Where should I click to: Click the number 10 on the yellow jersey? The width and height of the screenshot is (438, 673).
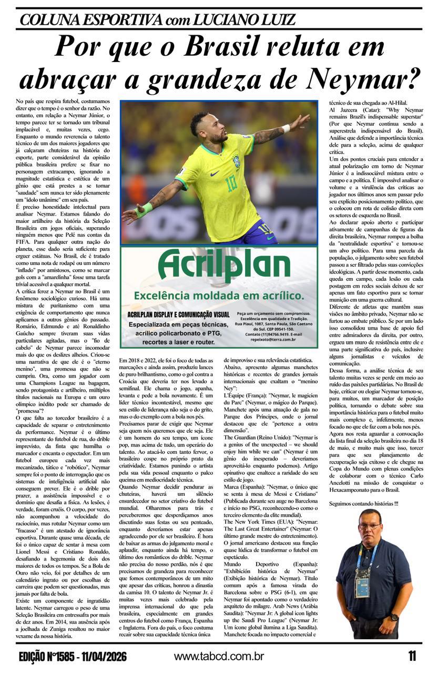coord(232,182)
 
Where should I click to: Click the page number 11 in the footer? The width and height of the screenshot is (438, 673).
coord(412,656)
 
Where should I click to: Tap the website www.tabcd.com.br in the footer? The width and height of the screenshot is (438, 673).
coord(219,656)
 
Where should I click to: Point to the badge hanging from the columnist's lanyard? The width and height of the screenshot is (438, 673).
coord(362,586)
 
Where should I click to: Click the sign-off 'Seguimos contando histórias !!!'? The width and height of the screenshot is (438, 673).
coord(363,504)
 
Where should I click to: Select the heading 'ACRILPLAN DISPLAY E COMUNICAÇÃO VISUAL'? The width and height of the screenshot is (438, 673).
coord(178,314)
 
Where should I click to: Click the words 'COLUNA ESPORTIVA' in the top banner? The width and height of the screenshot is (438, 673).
coord(89,19)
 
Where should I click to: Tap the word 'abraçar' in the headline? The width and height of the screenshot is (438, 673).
coord(73,79)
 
